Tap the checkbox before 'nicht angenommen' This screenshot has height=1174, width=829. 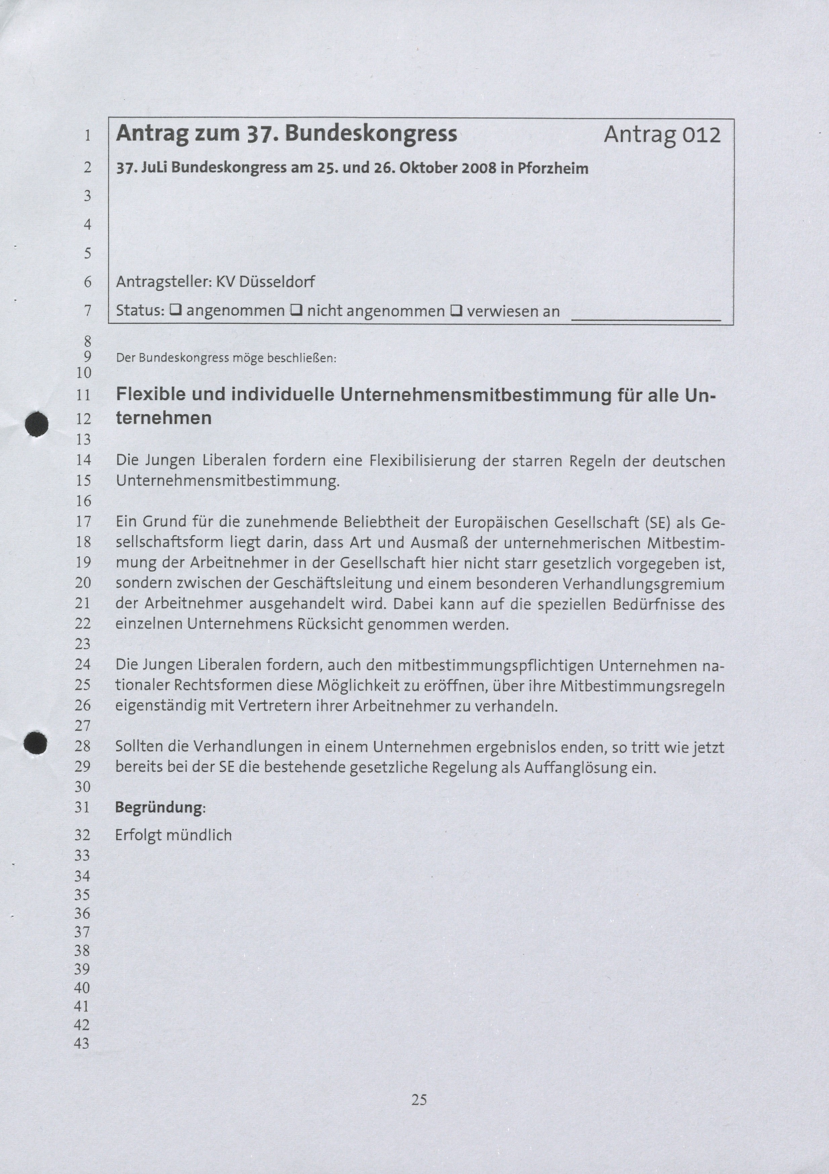(x=296, y=310)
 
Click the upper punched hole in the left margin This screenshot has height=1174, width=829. (x=37, y=424)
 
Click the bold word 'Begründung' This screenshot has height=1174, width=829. (x=159, y=807)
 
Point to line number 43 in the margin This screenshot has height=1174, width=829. (x=82, y=1043)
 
